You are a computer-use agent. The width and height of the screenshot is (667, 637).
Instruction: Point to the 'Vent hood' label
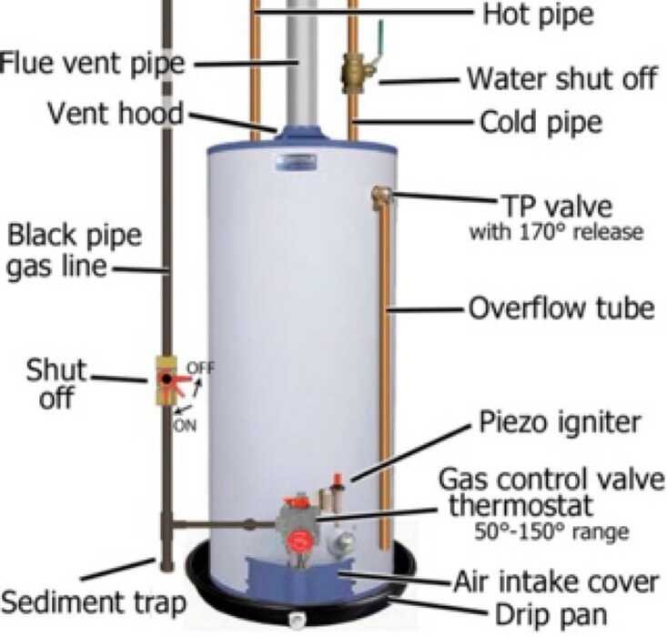tap(116, 115)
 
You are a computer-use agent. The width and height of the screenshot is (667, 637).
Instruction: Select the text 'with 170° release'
tap(556, 231)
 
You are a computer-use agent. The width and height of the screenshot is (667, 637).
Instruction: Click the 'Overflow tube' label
tap(561, 307)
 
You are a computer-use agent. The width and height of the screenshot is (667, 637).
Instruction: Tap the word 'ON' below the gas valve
tap(185, 424)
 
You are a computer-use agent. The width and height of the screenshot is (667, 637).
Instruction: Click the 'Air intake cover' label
tap(556, 579)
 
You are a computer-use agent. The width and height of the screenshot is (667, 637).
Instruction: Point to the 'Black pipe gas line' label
tap(75, 252)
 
